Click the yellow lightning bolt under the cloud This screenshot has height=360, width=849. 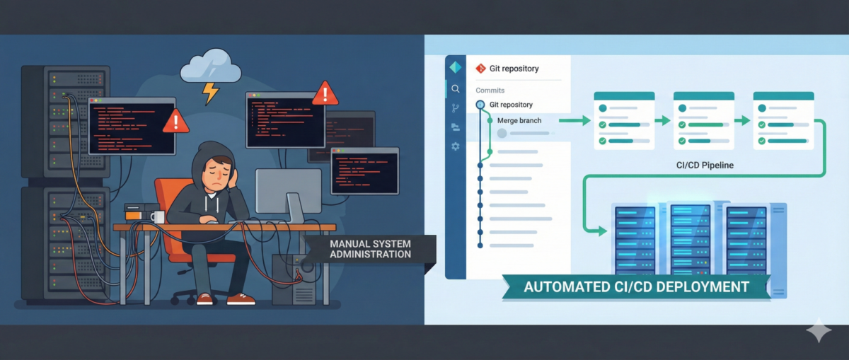(210, 91)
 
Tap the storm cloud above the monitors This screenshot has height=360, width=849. (210, 69)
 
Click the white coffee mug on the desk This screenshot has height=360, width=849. (157, 217)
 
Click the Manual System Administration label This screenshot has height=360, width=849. (370, 249)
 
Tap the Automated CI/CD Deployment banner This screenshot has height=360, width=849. (635, 287)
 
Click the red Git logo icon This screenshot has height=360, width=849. (481, 69)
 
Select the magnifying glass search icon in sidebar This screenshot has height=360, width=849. (455, 89)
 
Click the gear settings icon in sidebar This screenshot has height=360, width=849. (455, 146)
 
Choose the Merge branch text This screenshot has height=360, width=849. (519, 121)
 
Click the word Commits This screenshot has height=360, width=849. (490, 91)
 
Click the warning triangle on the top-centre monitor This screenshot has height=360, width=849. (325, 92)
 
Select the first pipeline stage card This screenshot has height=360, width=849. (623, 120)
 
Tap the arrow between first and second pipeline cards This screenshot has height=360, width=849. (662, 121)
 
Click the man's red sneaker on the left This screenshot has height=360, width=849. (204, 299)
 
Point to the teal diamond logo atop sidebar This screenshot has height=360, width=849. (455, 68)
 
